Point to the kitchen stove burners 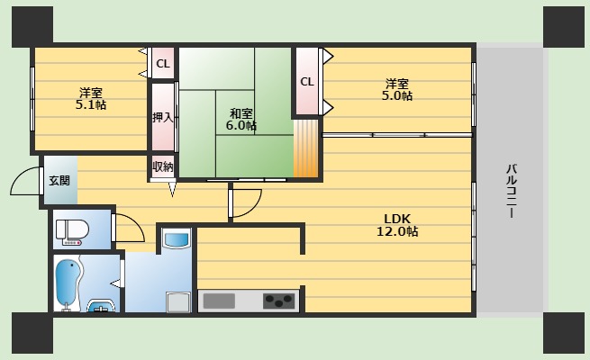pos(279,301)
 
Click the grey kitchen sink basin pos(218,301)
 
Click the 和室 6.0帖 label pos(241,119)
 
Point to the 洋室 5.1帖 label pos(90,98)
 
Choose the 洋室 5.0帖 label pos(396,89)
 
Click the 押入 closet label pos(162,116)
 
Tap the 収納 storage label pos(162,166)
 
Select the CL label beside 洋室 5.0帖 pos(307,81)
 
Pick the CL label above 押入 pos(162,63)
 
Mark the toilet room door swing pos(129,229)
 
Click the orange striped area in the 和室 pos(306,148)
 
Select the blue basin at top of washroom pos(177,240)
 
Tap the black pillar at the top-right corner pos(564,26)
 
